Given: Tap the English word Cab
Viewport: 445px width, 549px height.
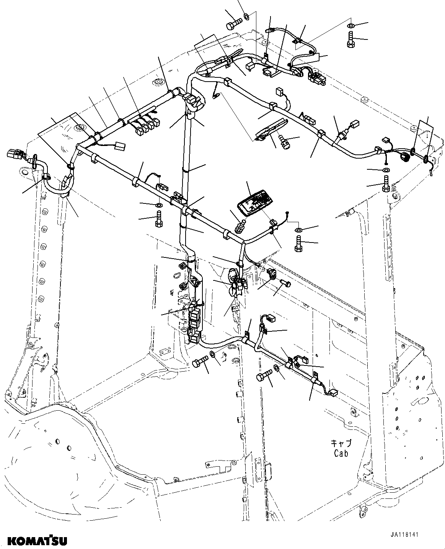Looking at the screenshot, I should pyautogui.click(x=340, y=454).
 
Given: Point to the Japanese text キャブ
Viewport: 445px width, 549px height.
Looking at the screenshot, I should pyautogui.click(x=340, y=444).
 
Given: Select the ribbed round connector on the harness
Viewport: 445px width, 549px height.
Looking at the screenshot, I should pyautogui.click(x=404, y=156).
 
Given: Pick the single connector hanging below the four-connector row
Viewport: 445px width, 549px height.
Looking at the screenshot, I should pyautogui.click(x=120, y=146).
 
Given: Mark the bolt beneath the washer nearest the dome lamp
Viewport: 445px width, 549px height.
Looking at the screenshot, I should pyautogui.click(x=299, y=244).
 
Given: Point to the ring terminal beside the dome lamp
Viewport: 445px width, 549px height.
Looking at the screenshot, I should pyautogui.click(x=288, y=213).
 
